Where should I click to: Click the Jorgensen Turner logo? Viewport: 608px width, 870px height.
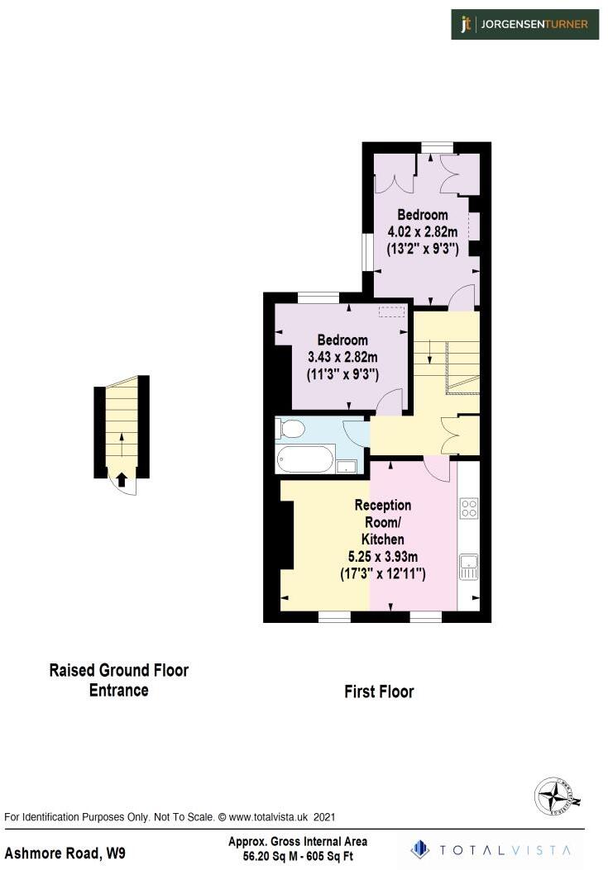pos(525,25)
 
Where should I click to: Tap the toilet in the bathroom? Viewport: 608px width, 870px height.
pos(290,428)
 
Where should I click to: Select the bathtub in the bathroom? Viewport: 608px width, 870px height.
pos(305,459)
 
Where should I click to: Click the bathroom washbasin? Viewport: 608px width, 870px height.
pos(347,466)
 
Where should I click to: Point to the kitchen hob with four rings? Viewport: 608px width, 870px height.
pos(469,508)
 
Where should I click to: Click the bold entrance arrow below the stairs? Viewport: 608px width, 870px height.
pos(122,478)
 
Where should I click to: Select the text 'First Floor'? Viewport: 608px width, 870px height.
pos(379,692)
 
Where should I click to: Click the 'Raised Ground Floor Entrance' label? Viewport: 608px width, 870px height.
pos(119,680)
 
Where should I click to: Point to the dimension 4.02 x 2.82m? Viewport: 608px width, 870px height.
pos(423,231)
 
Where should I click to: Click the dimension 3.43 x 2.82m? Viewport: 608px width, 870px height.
pos(342,357)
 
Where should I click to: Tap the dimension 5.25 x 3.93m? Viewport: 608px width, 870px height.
pos(382,556)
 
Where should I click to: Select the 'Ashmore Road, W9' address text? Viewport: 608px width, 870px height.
pos(66,852)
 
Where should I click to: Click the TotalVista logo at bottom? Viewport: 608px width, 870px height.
pos(491,849)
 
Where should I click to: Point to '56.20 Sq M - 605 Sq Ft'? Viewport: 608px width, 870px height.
pos(298,857)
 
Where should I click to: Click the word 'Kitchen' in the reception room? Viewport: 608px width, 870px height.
pos(382,540)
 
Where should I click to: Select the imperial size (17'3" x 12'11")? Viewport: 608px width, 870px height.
pos(382,573)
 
